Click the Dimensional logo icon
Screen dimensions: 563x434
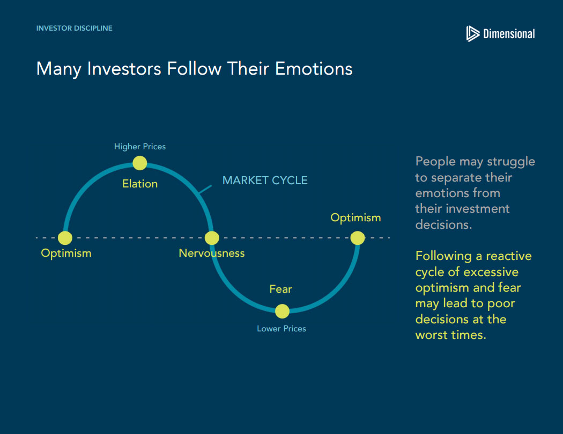(473, 34)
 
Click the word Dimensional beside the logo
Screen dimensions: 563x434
(509, 34)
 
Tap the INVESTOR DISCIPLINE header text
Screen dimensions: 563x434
(75, 28)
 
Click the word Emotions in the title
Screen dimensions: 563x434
(314, 68)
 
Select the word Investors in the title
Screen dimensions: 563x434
(124, 68)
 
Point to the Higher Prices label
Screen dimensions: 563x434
(139, 146)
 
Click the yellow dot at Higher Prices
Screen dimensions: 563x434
(139, 163)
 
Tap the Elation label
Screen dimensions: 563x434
(140, 184)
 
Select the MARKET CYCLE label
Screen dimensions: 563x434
(265, 180)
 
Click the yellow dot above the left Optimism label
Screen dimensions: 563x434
(65, 237)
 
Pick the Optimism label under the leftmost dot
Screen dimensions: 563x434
(66, 253)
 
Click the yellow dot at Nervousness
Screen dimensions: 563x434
(212, 237)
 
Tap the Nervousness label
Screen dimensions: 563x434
(211, 253)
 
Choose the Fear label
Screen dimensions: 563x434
(281, 289)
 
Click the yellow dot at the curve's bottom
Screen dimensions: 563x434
(282, 311)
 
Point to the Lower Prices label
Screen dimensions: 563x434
(281, 328)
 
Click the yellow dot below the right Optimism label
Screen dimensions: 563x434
(358, 237)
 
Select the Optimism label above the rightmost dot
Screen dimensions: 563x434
(355, 218)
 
